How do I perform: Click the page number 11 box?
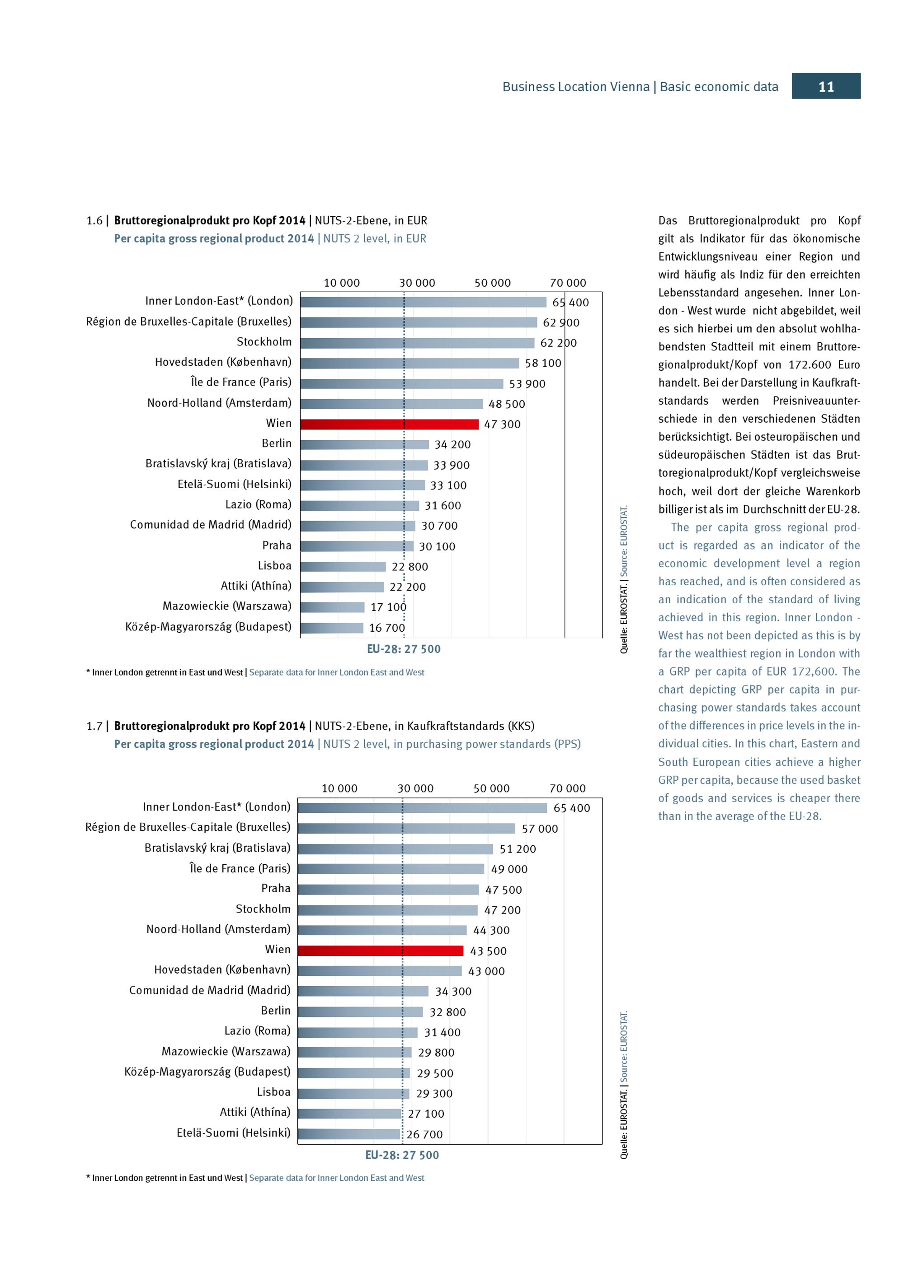(x=826, y=86)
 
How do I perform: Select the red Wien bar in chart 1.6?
(x=389, y=424)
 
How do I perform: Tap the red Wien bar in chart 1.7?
(x=380, y=951)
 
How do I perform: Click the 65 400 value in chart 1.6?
(x=570, y=303)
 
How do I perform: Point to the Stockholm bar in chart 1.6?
(x=418, y=343)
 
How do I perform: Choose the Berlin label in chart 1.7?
(x=276, y=1011)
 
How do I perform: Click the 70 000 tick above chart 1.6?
(x=568, y=283)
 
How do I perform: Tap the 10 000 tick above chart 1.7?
(x=339, y=788)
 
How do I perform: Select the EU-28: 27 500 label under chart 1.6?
(x=404, y=649)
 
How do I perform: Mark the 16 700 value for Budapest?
(x=387, y=628)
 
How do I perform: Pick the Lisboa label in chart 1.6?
(x=274, y=566)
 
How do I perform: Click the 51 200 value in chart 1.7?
(x=518, y=849)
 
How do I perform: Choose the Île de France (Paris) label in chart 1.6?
(x=240, y=382)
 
